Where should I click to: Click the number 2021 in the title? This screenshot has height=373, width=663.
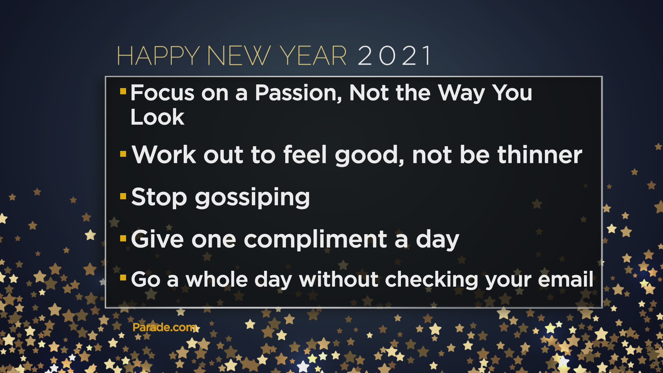395,55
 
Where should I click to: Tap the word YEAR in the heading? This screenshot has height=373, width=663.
313,55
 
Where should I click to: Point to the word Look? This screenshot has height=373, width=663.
157,117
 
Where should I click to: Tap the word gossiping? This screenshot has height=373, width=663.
252,198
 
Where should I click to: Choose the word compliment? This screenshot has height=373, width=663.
315,240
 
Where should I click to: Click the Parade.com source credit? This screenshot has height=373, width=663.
164,327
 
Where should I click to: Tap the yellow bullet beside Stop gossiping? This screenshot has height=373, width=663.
123,197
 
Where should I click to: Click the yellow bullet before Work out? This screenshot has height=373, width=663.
123,154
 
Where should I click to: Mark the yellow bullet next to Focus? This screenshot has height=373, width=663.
123,91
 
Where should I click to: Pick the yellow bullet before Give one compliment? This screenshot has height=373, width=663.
123,238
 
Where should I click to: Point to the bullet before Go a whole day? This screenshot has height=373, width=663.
123,278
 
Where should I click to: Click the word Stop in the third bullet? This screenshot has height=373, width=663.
159,197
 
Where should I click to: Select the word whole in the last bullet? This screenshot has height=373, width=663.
217,279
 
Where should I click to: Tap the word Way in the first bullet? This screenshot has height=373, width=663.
462,94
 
